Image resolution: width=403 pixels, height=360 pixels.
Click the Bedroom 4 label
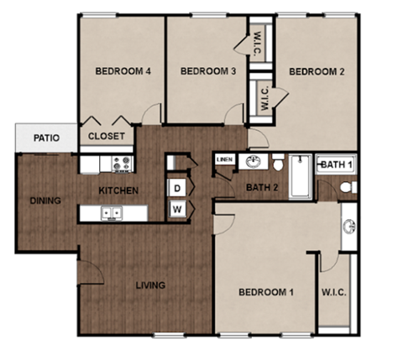tap(123, 72)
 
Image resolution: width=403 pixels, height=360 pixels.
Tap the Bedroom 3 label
tap(207, 72)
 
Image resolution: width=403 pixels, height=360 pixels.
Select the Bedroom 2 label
tap(317, 72)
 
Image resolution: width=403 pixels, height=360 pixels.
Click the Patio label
tap(45, 138)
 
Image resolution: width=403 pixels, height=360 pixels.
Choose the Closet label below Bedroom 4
tap(106, 136)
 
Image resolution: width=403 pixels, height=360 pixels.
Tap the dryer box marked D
tap(178, 187)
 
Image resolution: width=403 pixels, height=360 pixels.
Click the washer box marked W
tap(178, 208)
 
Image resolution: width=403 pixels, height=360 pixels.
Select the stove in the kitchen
tap(121, 163)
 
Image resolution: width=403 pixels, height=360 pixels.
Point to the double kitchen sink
tap(111, 213)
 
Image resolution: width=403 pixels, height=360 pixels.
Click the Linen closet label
tap(224, 159)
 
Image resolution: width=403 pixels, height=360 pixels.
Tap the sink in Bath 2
tap(251, 161)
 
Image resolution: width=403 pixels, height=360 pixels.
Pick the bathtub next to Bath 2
tap(300, 176)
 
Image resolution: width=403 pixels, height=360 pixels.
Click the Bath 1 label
tap(337, 164)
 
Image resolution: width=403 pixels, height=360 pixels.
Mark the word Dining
tap(44, 201)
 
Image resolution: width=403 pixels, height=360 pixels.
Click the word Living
tap(151, 285)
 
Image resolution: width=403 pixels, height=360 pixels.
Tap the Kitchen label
tap(118, 190)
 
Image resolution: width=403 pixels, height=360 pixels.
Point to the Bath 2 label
tap(262, 186)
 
